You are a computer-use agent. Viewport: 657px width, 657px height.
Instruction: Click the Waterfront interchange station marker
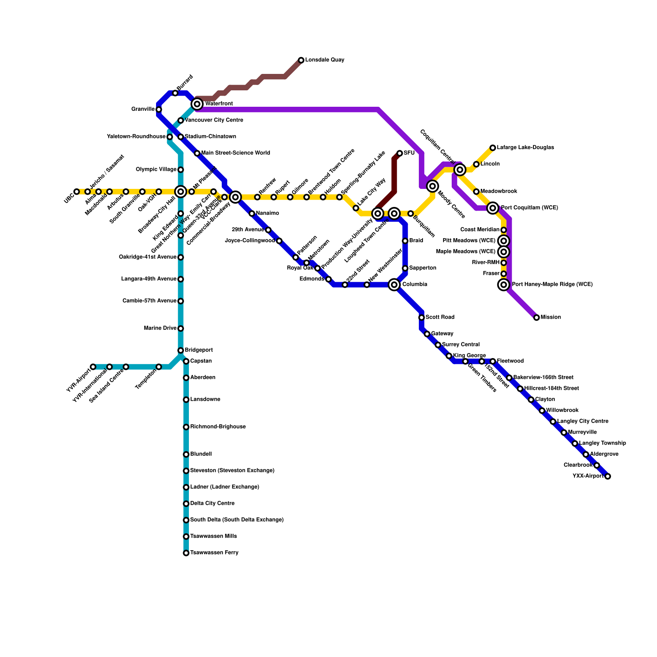coord(197,104)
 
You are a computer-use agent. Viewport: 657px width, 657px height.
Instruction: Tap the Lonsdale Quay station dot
coord(301,60)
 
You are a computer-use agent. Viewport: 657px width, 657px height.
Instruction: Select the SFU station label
coord(409,153)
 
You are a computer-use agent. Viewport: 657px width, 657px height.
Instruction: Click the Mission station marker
coord(536,317)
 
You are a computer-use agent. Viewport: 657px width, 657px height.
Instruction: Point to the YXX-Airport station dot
coord(607,476)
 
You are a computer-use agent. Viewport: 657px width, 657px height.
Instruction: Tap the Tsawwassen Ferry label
coord(214,553)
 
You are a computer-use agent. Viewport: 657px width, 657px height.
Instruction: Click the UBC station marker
coord(77,192)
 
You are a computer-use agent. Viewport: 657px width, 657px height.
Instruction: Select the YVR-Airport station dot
coord(93,367)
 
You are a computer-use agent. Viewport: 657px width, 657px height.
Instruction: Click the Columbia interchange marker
coord(394,285)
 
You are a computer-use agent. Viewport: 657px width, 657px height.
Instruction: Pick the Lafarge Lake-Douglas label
coord(525,147)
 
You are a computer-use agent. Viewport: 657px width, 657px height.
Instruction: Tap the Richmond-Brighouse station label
coord(218,427)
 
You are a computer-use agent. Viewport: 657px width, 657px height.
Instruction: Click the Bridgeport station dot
coord(181,350)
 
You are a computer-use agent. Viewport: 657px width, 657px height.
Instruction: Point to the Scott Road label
coord(440,317)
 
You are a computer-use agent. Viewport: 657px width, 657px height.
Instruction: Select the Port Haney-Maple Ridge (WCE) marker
coord(503,285)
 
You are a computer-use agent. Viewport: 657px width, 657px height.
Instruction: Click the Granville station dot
coord(159,110)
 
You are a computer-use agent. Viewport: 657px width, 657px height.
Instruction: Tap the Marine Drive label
coord(160,328)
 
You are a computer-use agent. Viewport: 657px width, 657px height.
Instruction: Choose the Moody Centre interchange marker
coord(432,186)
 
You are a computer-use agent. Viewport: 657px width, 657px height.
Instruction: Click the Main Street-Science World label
coord(235,153)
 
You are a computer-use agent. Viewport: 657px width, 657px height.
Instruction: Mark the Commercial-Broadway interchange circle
coord(235,197)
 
